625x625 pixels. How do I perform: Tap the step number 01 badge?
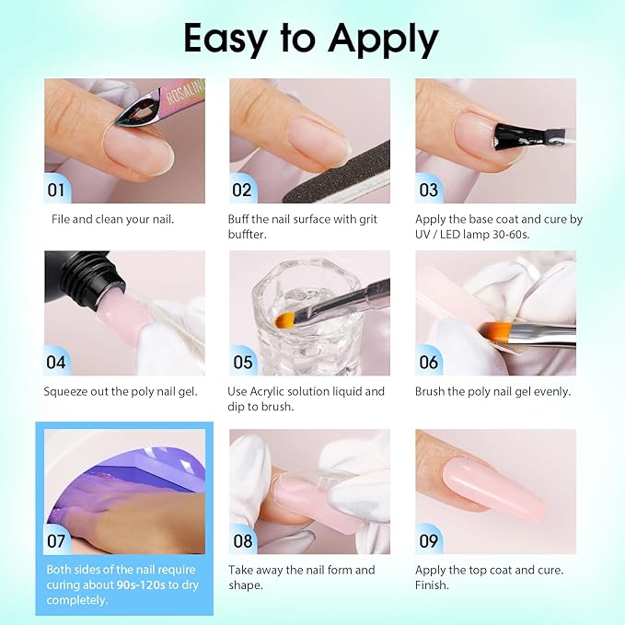(57, 191)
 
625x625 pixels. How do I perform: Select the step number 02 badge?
(242, 191)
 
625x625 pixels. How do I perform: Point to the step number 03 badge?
(428, 191)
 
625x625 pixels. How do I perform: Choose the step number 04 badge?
(57, 362)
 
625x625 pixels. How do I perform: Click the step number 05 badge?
(242, 362)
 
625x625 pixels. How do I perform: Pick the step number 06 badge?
(428, 362)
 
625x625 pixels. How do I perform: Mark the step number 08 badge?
(242, 541)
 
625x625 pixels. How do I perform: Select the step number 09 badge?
(428, 541)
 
